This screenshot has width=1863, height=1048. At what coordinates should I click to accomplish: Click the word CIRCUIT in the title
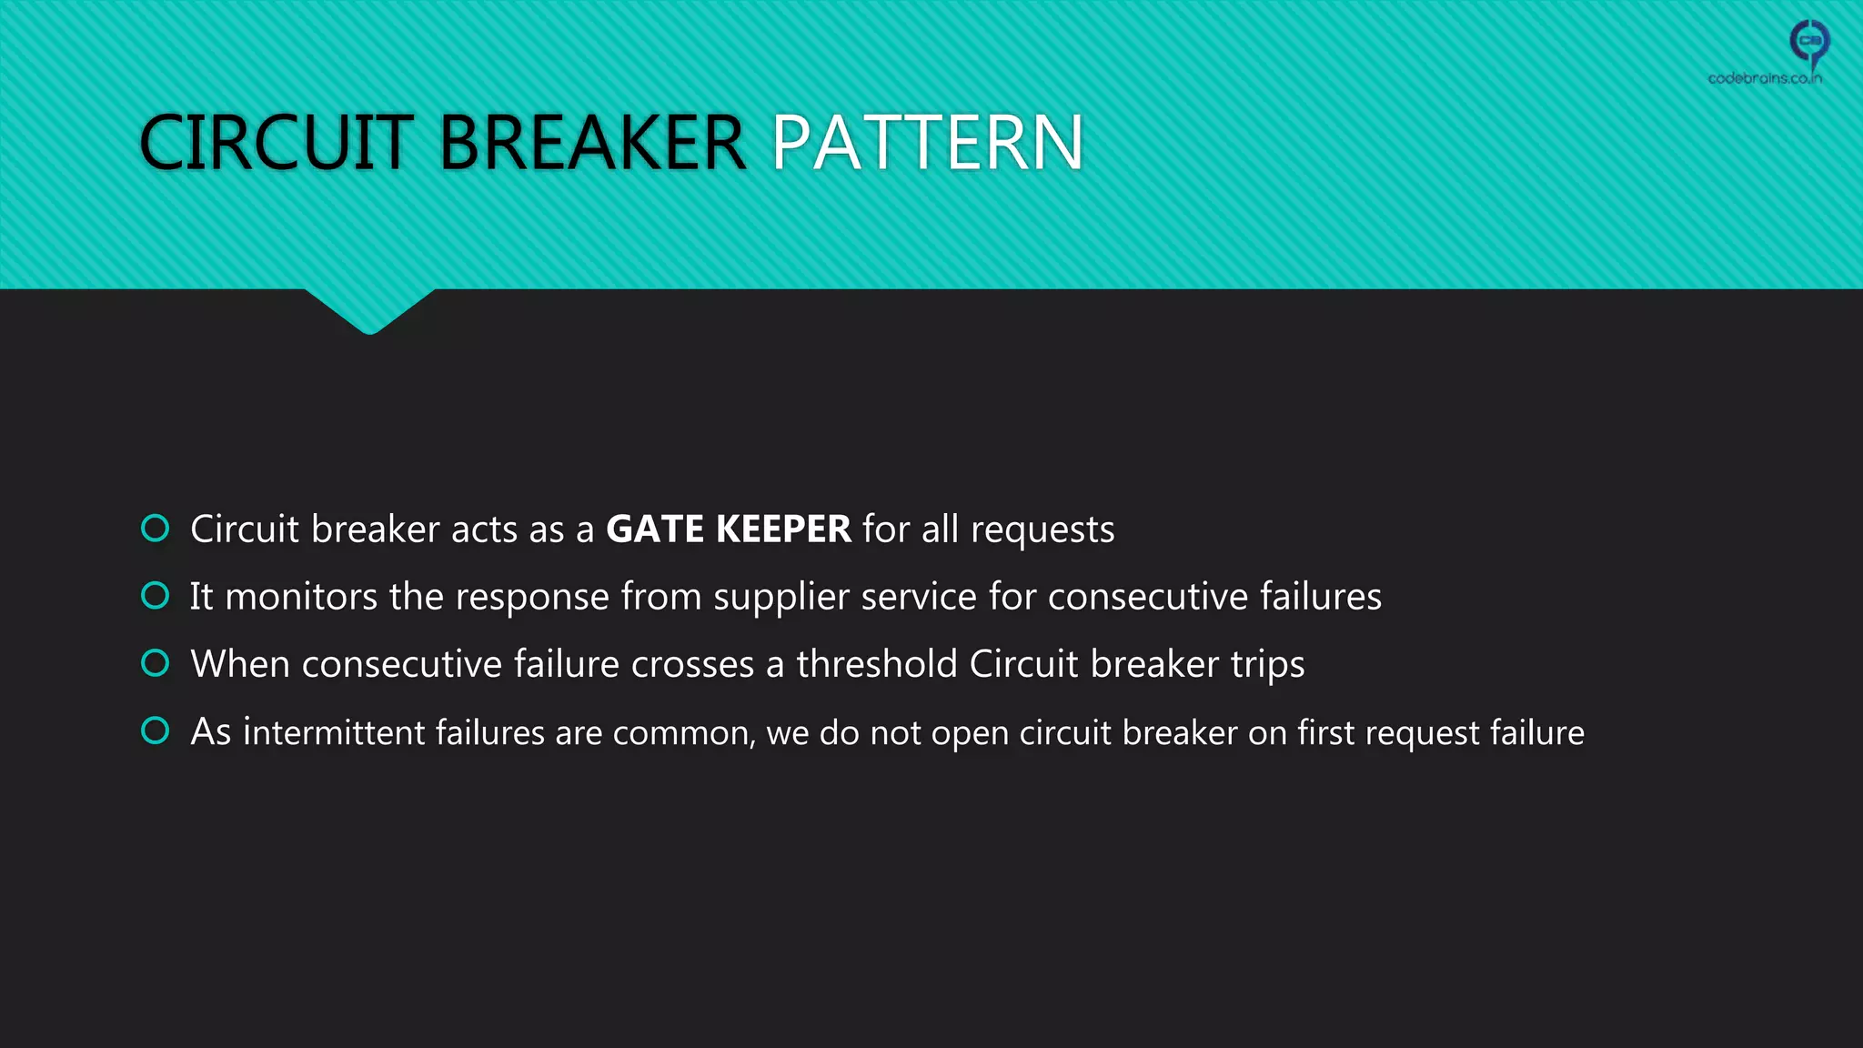pyautogui.click(x=277, y=143)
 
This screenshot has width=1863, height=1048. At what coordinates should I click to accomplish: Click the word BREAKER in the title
pyautogui.click(x=592, y=143)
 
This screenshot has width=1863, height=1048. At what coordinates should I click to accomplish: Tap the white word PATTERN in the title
pyautogui.click(x=927, y=143)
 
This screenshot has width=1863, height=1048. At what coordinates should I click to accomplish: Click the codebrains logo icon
pyautogui.click(x=1809, y=41)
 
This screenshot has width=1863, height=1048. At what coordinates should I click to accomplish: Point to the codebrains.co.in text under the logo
pyautogui.click(x=1765, y=78)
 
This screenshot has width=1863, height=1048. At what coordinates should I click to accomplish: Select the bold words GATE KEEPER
pyautogui.click(x=728, y=529)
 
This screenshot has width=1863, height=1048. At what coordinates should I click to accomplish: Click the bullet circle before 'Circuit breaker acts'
pyautogui.click(x=156, y=528)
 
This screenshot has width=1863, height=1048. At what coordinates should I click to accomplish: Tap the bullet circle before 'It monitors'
pyautogui.click(x=156, y=596)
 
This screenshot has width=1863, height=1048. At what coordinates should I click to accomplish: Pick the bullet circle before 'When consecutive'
pyautogui.click(x=156, y=663)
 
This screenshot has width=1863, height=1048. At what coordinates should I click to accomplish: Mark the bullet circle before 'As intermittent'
pyautogui.click(x=156, y=731)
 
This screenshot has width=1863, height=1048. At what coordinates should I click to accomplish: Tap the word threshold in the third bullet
pyautogui.click(x=877, y=664)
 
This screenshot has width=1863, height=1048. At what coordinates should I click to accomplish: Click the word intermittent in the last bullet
pyautogui.click(x=334, y=732)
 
